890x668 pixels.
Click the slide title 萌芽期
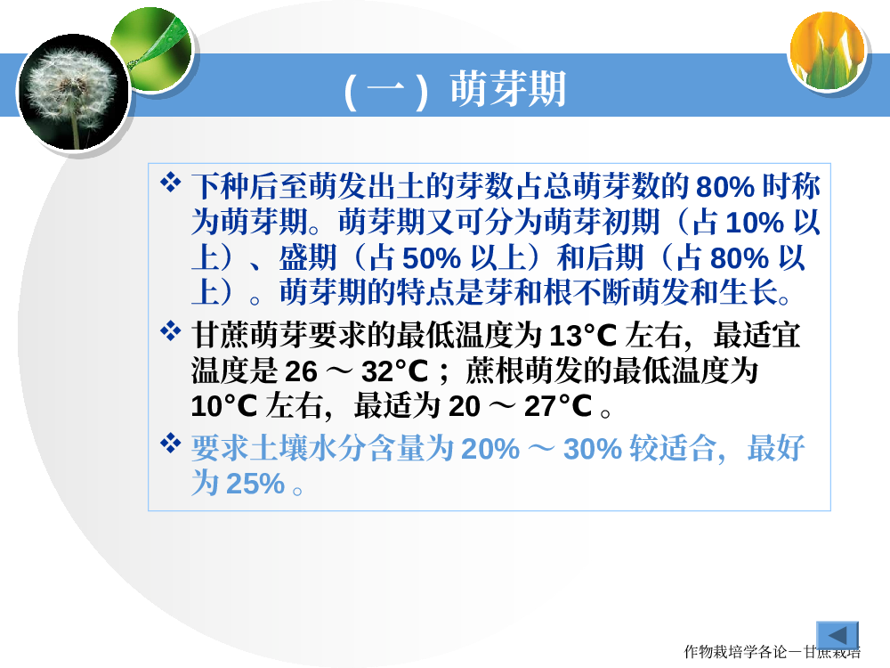[508, 89]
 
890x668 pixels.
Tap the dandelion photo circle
[74, 92]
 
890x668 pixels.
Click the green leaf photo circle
[152, 49]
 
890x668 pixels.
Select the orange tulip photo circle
[828, 51]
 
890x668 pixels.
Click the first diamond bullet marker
[170, 183]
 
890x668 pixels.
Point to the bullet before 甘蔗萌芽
[170, 331]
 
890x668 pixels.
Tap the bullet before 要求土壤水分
[170, 443]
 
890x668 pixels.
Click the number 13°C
[583, 335]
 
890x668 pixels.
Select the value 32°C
[394, 371]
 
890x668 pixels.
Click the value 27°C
[558, 406]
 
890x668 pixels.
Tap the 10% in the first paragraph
[755, 222]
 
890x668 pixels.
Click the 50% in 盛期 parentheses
[432, 258]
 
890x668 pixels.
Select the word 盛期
[308, 257]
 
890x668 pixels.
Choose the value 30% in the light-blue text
[593, 449]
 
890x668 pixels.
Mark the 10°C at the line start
[224, 406]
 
